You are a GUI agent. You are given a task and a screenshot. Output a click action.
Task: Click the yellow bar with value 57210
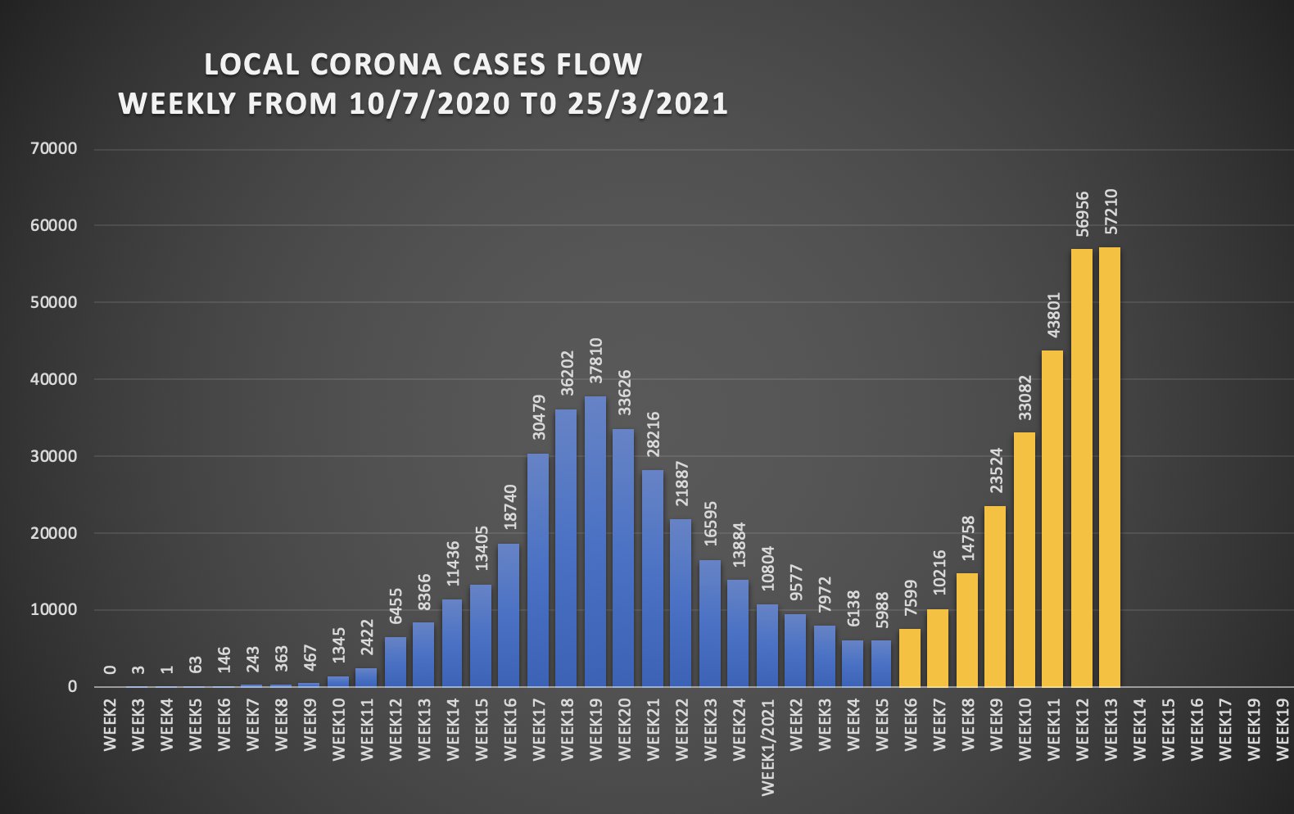1110,467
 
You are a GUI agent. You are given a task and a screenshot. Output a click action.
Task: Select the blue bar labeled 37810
595,541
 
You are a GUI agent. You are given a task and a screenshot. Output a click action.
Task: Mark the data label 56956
1082,213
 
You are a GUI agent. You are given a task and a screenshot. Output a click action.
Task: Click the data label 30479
538,417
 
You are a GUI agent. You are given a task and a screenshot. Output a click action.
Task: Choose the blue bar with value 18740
509,615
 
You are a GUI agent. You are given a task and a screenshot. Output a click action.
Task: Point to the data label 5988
882,610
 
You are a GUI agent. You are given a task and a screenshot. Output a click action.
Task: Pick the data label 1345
338,645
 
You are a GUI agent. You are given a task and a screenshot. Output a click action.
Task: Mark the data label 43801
1053,314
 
